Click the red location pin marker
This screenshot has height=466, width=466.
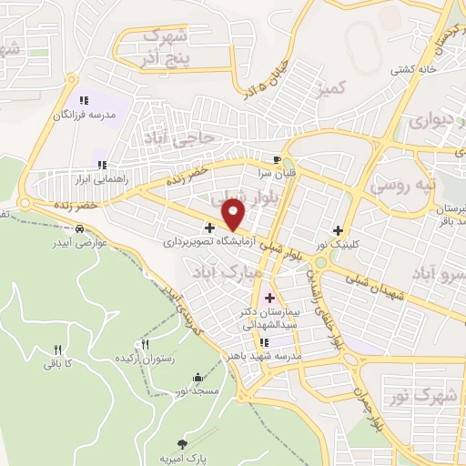[234, 214]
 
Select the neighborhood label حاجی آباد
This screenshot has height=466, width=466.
[178, 137]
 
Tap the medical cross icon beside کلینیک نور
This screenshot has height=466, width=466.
[338, 231]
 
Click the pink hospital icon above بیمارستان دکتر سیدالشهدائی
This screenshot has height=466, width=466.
[268, 298]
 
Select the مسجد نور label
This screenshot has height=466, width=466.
[198, 390]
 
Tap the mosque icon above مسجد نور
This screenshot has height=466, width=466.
[198, 377]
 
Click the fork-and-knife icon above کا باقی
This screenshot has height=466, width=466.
[57, 349]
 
